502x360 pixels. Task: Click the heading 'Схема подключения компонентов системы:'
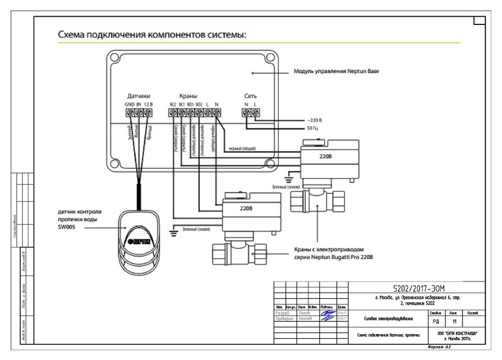152,35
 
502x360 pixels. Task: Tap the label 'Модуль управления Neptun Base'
336,71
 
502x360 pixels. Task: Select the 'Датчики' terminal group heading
138,96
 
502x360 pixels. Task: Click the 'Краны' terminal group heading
188,96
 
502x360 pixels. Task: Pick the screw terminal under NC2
173,114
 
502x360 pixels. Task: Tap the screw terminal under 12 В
148,114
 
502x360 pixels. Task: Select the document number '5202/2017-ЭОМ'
419,288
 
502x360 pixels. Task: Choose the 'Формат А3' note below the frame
439,348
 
